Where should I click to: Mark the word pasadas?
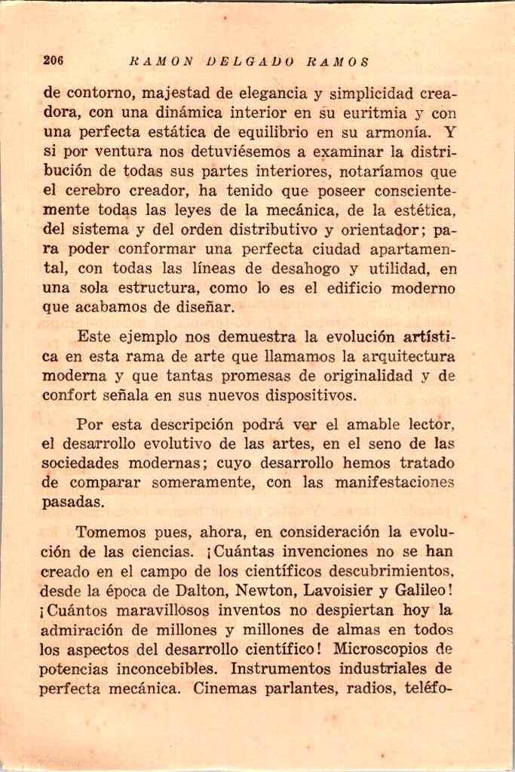point(72,502)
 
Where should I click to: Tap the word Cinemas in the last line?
point(225,688)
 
